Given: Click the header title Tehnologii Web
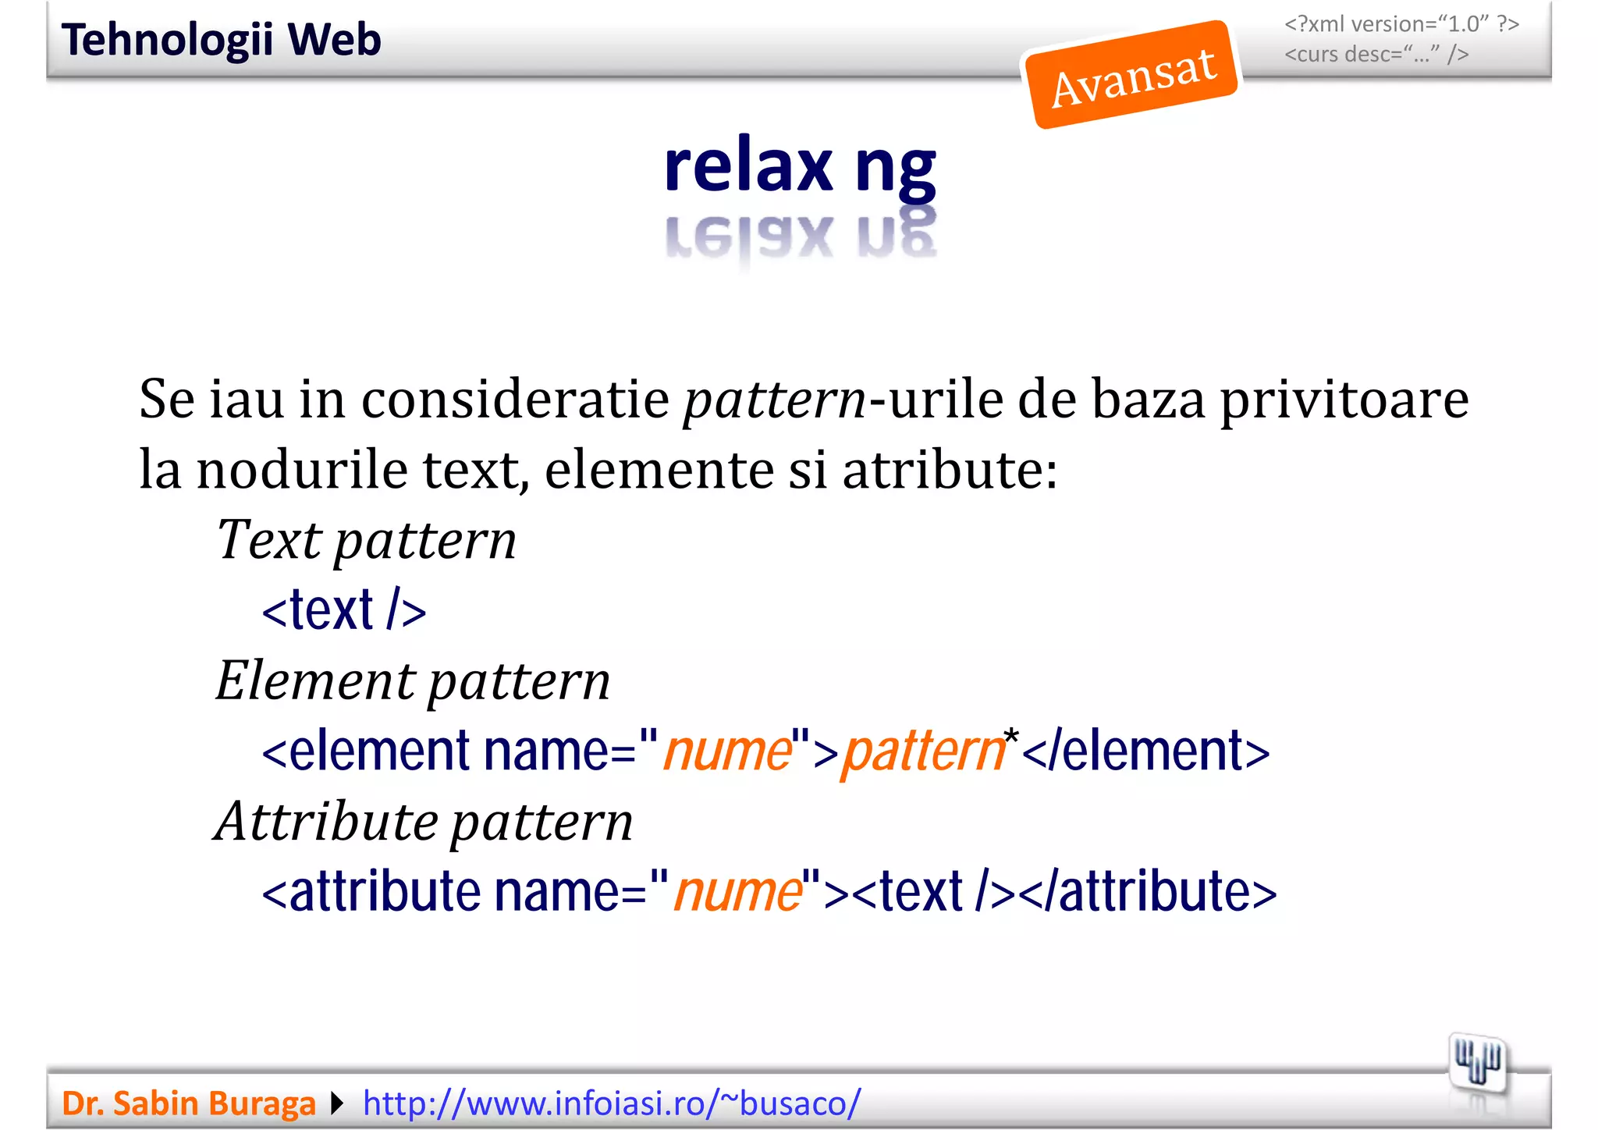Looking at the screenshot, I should (x=221, y=40).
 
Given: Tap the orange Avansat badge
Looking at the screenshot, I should (x=1132, y=76).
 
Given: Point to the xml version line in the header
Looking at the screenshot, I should (x=1401, y=24).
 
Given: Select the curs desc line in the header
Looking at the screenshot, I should (x=1376, y=55).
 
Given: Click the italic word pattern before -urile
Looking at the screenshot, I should (x=775, y=400).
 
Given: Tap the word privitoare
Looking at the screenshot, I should (x=1344, y=400).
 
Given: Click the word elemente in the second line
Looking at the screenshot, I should (x=659, y=470).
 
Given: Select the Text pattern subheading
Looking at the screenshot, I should (x=366, y=540).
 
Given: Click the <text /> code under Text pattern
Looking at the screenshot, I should (x=344, y=610).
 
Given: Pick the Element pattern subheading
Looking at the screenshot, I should (x=413, y=680).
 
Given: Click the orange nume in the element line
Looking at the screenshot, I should (x=727, y=751).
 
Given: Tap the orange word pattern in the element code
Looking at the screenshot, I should (x=923, y=751).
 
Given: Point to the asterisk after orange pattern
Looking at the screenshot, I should (x=1011, y=736).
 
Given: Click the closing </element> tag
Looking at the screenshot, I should (x=1145, y=751).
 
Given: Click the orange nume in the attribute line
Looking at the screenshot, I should (x=738, y=891).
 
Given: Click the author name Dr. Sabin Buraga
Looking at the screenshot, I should (x=189, y=1103).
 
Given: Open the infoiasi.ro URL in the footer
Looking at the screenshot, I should (x=612, y=1103).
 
